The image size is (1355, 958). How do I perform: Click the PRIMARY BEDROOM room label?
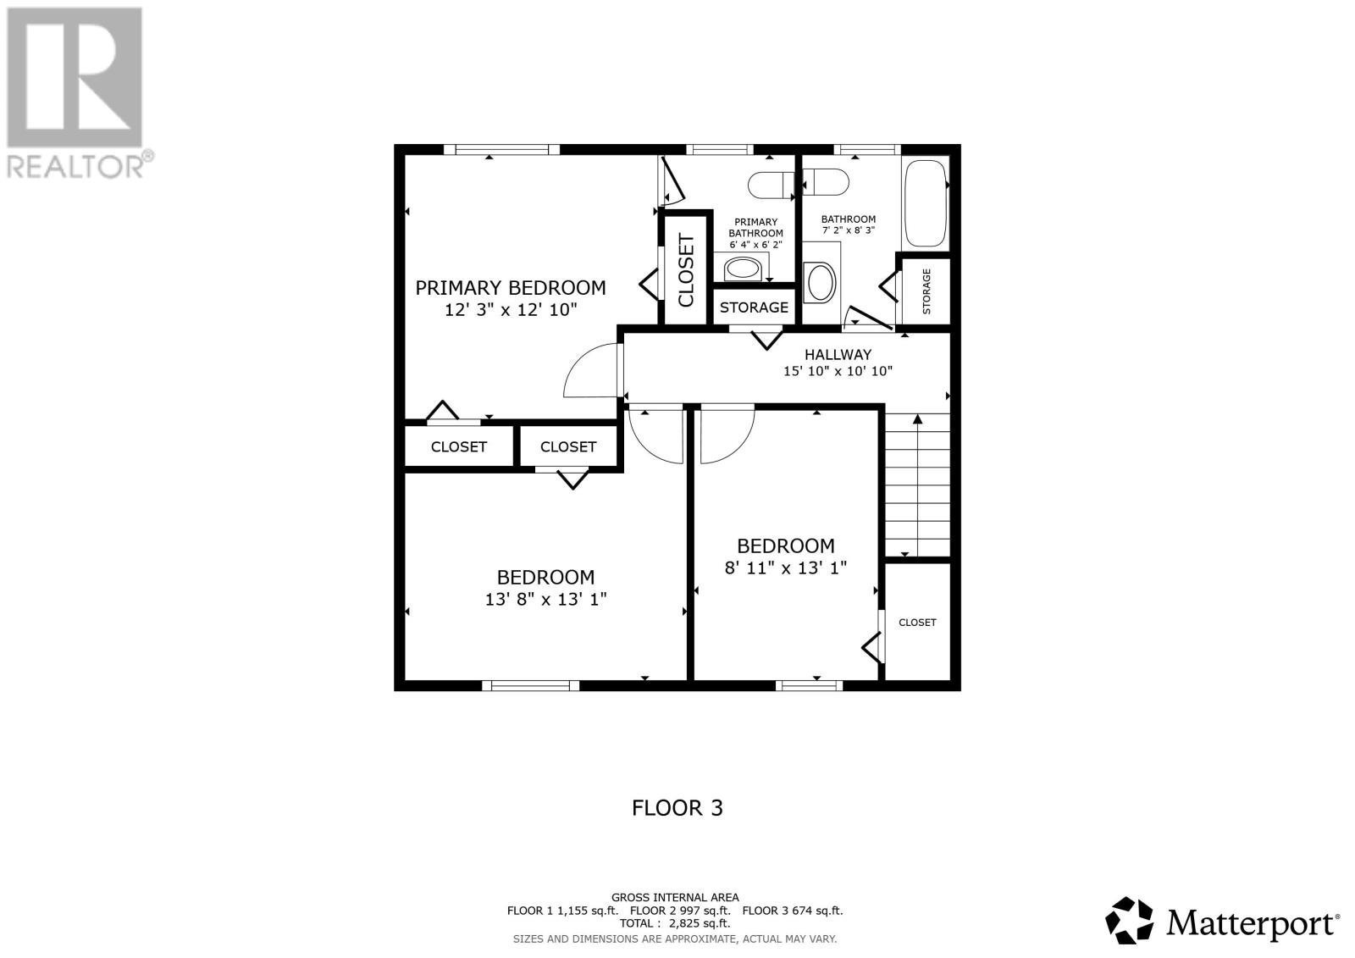(x=510, y=287)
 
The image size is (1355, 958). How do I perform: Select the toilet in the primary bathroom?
(x=772, y=185)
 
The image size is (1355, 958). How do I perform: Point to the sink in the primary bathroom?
(x=742, y=269)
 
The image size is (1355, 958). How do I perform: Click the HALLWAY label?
(x=838, y=354)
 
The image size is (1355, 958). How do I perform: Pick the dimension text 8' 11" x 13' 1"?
(x=785, y=568)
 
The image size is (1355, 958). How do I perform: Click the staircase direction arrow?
(x=918, y=485)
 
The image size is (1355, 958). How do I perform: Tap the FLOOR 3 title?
(x=677, y=808)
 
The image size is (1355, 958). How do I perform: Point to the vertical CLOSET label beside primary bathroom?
(x=686, y=270)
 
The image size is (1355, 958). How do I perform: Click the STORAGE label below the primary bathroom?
(x=754, y=307)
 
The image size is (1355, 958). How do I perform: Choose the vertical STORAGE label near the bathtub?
(x=926, y=291)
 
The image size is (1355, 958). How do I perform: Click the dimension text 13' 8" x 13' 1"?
(x=545, y=599)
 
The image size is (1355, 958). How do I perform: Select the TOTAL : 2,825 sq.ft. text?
(x=674, y=923)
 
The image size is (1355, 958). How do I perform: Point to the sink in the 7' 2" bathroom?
(x=821, y=282)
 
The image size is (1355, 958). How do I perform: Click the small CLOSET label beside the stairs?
(x=917, y=622)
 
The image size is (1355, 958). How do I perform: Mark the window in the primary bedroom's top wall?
(x=501, y=149)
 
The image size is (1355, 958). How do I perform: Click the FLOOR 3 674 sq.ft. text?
(x=793, y=911)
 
